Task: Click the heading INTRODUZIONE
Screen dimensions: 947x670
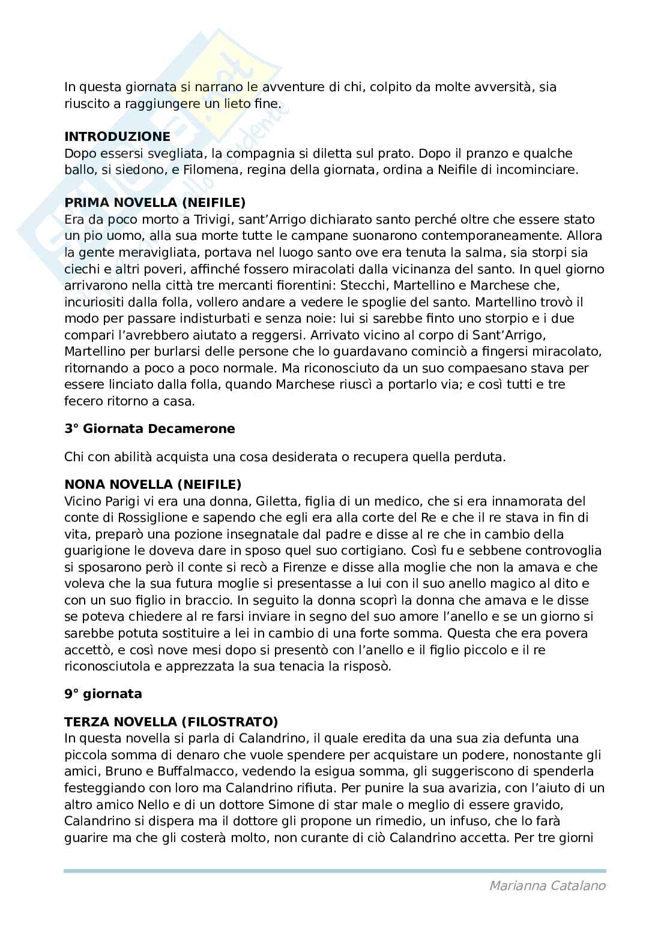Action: [117, 137]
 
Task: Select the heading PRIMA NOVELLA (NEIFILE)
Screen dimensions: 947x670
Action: [155, 203]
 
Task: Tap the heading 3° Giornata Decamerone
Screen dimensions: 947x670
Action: [149, 429]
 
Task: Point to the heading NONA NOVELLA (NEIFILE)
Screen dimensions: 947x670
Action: [152, 484]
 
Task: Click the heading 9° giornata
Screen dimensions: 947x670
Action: [103, 694]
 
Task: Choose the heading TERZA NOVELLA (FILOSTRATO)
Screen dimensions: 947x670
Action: [171, 721]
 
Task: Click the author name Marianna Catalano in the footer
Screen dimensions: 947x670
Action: [548, 886]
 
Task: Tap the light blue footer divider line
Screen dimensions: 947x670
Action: [334, 870]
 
